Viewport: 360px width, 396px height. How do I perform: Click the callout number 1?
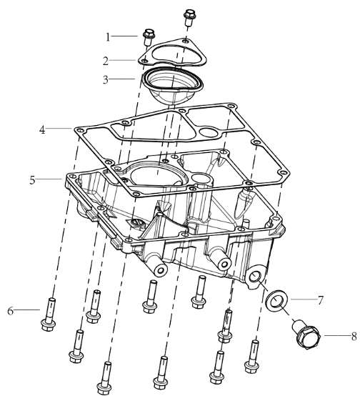[108, 37]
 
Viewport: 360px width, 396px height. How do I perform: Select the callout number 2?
[106, 61]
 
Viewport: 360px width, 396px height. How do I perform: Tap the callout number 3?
[106, 80]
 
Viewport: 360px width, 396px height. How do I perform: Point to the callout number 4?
[42, 130]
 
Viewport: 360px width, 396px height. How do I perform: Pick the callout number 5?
[32, 180]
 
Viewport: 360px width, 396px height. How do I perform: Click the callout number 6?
[10, 311]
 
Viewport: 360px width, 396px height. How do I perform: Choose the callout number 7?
[321, 300]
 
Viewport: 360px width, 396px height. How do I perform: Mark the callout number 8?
[354, 337]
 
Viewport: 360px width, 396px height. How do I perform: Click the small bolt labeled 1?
[149, 37]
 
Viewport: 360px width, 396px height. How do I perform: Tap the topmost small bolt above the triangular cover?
[189, 17]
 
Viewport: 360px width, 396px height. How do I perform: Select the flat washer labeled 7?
[277, 301]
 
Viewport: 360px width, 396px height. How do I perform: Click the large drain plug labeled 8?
[306, 334]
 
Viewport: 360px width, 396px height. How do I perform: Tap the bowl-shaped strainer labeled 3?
[172, 85]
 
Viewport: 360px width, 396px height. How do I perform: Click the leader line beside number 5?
[49, 179]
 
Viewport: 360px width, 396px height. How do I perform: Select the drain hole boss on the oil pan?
[256, 276]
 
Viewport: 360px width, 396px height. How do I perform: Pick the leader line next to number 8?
[337, 336]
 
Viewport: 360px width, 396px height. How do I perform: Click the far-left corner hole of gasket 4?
[80, 131]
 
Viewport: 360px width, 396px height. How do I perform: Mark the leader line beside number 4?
[59, 128]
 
